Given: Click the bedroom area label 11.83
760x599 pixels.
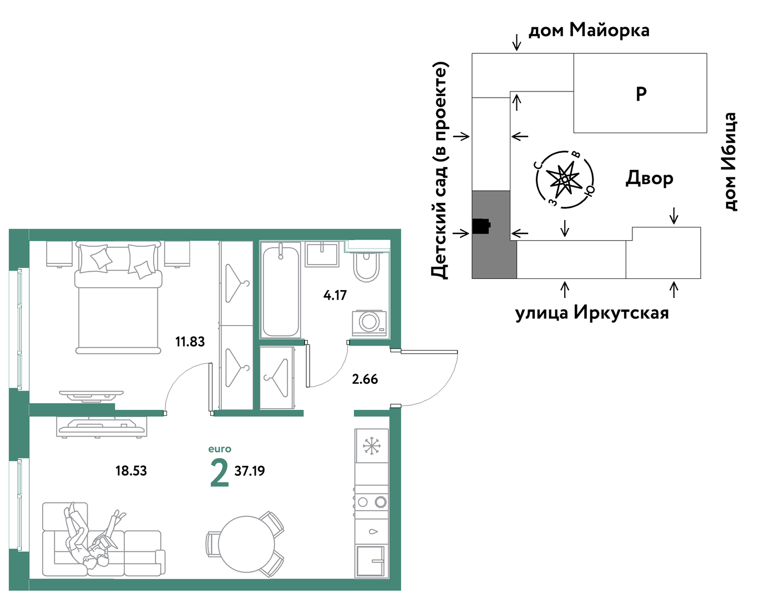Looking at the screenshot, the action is [190, 342].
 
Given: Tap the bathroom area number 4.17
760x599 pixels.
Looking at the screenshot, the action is [335, 295].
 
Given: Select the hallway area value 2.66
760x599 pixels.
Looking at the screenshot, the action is [365, 379].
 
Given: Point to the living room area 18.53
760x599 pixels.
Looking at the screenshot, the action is [131, 471].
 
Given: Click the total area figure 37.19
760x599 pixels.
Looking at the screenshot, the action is [249, 471].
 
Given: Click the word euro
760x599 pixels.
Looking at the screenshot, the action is [220, 449].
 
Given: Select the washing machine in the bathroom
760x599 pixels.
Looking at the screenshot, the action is [369, 322].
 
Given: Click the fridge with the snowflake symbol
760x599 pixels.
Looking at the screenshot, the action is [372, 446].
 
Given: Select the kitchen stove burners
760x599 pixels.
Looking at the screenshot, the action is [372, 502].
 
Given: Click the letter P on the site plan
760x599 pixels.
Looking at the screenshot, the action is [641, 94].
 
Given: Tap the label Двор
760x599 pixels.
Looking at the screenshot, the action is [650, 178].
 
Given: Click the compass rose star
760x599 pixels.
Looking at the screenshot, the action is [564, 179].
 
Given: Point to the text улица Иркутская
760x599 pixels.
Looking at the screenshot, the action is [592, 313].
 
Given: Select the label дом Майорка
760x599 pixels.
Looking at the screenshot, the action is [589, 31].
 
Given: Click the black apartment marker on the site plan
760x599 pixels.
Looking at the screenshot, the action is [482, 226].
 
